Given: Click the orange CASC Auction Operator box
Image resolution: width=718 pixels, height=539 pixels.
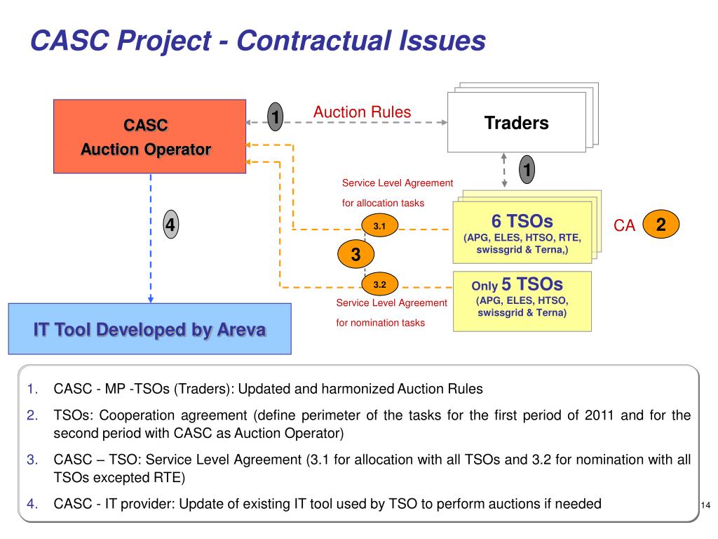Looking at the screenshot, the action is coord(149,136).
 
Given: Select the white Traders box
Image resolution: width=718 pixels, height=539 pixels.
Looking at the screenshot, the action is coord(516,124).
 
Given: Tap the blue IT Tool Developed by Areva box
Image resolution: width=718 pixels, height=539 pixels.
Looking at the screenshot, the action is coord(149,328).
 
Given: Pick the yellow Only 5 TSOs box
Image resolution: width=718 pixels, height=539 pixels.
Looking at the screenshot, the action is coord(522,301).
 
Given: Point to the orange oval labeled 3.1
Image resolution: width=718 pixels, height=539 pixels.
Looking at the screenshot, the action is coord(380,227).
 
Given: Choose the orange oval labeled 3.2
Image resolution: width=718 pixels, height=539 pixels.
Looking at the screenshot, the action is coord(380,285).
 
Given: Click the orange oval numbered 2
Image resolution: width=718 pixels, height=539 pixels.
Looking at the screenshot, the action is coord(661,225).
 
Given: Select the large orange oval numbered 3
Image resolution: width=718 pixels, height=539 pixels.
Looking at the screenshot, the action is coord(355,255).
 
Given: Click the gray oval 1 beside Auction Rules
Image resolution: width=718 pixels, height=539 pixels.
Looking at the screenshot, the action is coord(276,117).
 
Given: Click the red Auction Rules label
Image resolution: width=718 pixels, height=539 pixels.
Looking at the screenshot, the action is coord(362,112).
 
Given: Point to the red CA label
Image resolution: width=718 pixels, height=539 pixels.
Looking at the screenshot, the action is coord(624,225).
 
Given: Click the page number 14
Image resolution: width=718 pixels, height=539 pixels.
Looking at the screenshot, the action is coord(706,506).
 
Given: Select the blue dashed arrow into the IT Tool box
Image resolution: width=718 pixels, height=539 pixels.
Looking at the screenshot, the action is coord(151,239).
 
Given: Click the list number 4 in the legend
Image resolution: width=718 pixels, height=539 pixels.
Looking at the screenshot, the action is coord(32,503).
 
